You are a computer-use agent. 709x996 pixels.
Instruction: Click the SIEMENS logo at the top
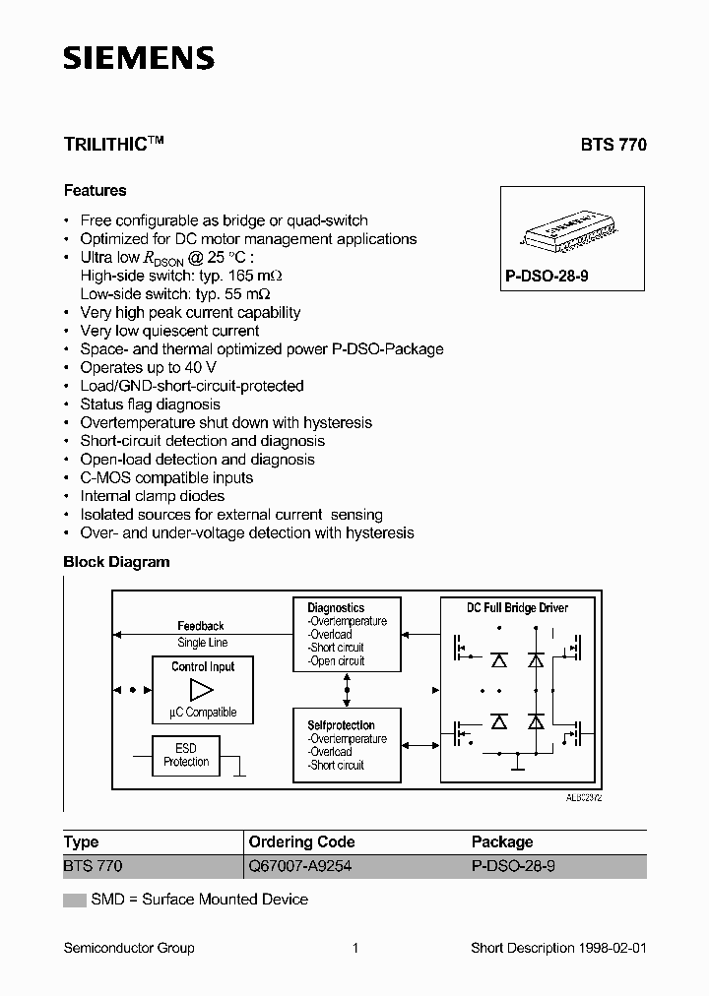point(139,59)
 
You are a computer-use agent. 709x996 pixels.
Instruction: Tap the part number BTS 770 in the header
point(612,144)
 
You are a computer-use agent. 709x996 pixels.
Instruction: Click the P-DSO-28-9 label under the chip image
point(547,278)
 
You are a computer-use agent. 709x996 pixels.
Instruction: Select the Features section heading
point(95,190)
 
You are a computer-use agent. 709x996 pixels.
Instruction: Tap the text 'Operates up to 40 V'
point(149,367)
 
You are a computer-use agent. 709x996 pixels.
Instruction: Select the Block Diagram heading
point(116,562)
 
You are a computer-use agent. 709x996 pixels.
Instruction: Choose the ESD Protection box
point(186,755)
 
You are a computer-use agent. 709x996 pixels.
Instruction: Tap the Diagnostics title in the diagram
point(336,608)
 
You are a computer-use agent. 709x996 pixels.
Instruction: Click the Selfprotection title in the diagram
point(341,725)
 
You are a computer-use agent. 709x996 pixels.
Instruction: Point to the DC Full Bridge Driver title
point(517,607)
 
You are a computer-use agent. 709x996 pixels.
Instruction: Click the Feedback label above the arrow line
point(201,626)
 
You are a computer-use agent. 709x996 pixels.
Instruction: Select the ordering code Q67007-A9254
point(300,867)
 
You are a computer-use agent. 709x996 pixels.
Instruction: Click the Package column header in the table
point(502,842)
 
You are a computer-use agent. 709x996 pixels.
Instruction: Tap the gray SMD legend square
point(75,900)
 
